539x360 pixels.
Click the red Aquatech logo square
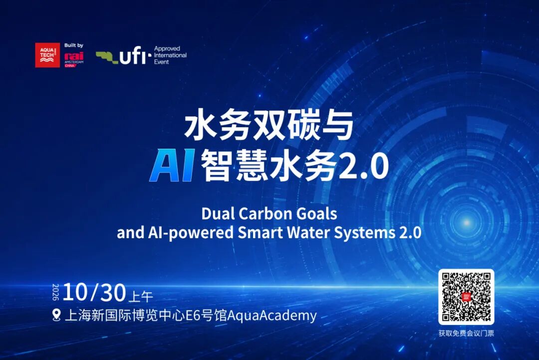click(x=47, y=55)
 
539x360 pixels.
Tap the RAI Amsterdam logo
click(x=74, y=59)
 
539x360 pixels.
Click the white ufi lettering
click(x=133, y=56)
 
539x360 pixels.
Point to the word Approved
click(x=167, y=48)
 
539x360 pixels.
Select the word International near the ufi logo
click(x=170, y=55)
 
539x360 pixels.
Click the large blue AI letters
click(x=172, y=165)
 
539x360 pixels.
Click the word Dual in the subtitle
click(x=218, y=214)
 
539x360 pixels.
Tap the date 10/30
click(x=94, y=293)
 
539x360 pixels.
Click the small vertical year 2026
click(x=56, y=292)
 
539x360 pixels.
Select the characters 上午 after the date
click(x=141, y=296)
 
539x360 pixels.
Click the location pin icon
click(x=56, y=315)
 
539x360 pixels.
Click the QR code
click(x=466, y=297)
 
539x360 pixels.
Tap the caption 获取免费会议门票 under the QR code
click(x=466, y=333)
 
